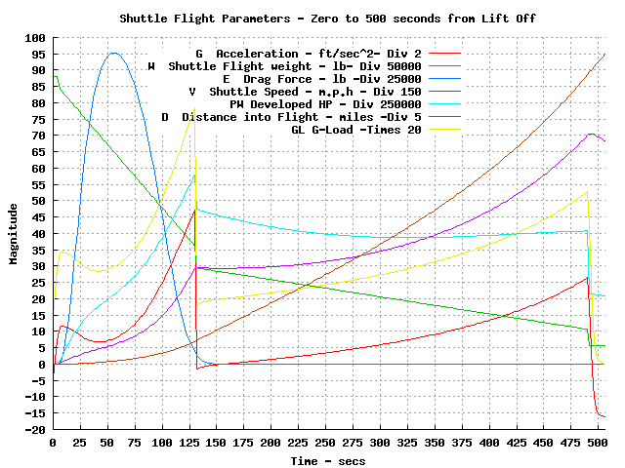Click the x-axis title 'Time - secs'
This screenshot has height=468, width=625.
tap(329, 458)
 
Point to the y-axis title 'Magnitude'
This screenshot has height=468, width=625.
tap(14, 234)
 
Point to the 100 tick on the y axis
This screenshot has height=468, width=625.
tap(35, 38)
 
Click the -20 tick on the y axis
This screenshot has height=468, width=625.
tap(35, 430)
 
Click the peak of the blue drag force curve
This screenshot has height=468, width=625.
tap(113, 53)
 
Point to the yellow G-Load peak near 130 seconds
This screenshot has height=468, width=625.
tap(194, 108)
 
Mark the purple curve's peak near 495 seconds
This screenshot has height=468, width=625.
tap(591, 135)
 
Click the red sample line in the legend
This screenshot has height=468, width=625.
tap(444, 54)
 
